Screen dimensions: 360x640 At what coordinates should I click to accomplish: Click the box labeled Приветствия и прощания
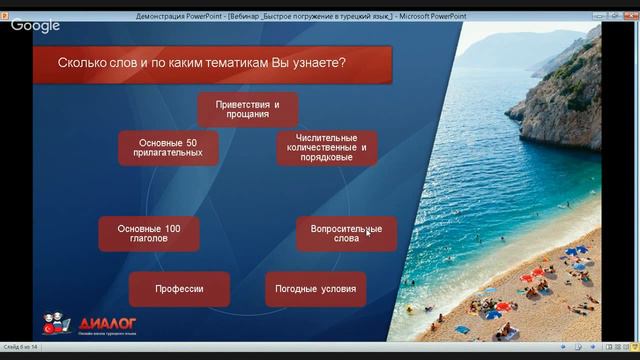tap(246, 109)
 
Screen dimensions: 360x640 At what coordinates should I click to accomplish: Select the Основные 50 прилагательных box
tap(169, 148)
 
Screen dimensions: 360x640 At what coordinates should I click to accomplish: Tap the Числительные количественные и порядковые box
tap(327, 147)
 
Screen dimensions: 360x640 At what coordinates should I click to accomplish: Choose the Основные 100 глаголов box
tap(148, 234)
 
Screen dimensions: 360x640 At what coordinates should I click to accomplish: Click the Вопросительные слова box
tap(346, 234)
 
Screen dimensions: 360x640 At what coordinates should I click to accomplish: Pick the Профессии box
tap(180, 289)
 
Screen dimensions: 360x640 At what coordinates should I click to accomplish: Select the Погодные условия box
tap(316, 289)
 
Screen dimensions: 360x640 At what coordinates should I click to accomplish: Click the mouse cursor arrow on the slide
tap(368, 232)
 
